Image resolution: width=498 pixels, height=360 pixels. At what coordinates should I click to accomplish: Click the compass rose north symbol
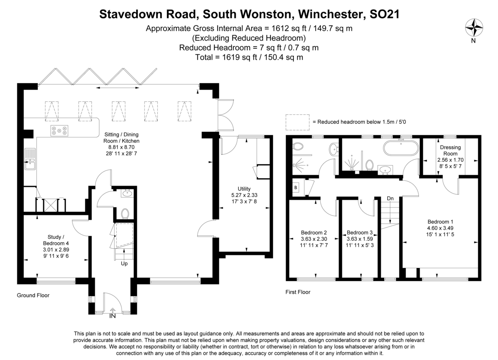pos(474,27)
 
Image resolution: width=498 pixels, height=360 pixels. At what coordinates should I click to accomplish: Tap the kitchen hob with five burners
pos(59,131)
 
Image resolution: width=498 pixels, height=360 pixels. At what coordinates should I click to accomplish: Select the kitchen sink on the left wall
pos(30,159)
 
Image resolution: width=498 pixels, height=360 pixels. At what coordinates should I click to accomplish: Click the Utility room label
pos(244,189)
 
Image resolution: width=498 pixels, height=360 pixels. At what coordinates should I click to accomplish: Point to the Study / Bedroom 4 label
pos(56,240)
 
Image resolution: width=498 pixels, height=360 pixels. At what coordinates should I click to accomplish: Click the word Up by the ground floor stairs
pos(124,263)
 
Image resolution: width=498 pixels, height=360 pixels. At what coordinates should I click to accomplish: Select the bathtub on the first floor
pos(401,148)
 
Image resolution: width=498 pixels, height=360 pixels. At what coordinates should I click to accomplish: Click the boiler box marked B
pos(295,188)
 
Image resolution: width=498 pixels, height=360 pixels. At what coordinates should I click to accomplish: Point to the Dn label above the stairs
pos(390,198)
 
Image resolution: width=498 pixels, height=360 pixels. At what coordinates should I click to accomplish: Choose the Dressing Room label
pos(450,150)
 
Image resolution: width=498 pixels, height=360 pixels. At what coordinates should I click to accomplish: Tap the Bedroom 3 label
pos(360,233)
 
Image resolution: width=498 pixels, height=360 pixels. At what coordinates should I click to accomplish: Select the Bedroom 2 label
pos(314,233)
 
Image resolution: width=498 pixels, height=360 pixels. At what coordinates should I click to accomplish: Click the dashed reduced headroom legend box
pos(298,122)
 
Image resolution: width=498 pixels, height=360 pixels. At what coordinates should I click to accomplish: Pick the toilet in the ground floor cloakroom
pos(125,213)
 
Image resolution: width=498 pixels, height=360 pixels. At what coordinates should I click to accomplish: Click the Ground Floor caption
pos(33,295)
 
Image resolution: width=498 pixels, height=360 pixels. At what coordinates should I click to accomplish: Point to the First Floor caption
pos(298,292)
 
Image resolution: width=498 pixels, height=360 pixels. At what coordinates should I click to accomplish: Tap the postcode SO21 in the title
pos(384,14)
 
